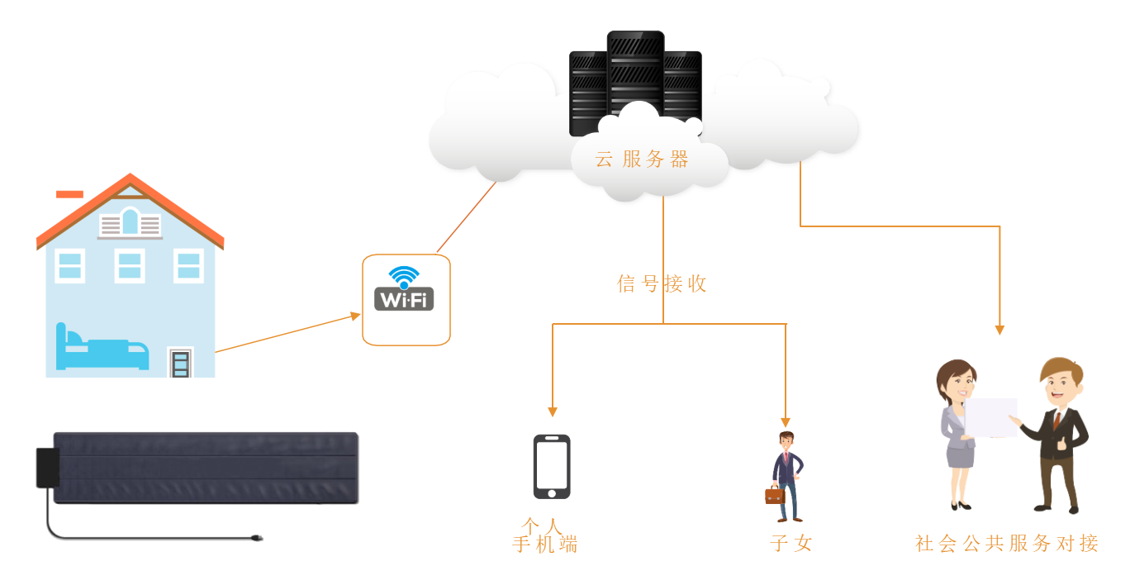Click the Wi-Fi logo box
(406, 299)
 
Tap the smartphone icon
(551, 467)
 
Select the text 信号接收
(662, 284)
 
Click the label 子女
(791, 544)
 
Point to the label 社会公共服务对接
(1007, 544)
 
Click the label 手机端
(545, 545)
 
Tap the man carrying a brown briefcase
(786, 477)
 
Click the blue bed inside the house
(101, 350)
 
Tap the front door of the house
(180, 364)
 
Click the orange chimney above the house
(69, 195)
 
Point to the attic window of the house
(130, 221)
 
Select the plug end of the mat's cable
(257, 539)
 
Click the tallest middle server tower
(635, 74)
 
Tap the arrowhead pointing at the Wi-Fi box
(356, 315)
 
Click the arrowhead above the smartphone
(553, 411)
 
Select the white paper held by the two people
(991, 417)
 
